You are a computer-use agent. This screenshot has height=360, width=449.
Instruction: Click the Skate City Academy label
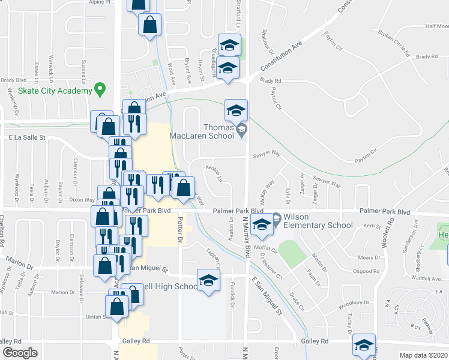point(54,91)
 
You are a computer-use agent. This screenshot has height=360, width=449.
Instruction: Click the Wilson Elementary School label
point(318,221)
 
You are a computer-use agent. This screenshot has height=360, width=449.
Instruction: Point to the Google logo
point(20,353)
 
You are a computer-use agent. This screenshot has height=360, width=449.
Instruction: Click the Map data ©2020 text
point(423,355)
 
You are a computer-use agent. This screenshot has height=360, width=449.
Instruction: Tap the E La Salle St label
point(27,138)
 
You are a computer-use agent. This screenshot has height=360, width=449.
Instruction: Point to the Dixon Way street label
point(82,200)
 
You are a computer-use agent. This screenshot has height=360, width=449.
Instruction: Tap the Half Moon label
point(437,26)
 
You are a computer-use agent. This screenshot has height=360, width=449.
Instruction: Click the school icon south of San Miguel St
point(208,281)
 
